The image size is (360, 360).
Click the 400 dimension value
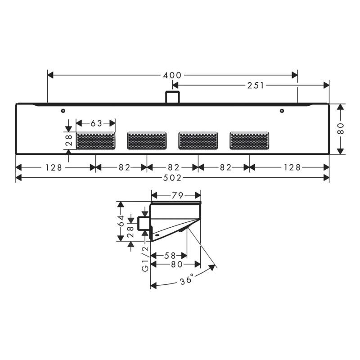click(172, 75)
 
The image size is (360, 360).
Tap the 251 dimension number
click(256, 85)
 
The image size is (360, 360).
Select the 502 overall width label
click(172, 178)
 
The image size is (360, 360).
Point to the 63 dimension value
click(96, 123)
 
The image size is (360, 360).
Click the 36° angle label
click(186, 279)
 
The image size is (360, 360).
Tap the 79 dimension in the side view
click(177, 195)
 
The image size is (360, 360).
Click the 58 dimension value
click(170, 256)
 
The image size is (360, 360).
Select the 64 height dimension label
click(121, 221)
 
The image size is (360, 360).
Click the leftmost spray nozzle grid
click(96, 140)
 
